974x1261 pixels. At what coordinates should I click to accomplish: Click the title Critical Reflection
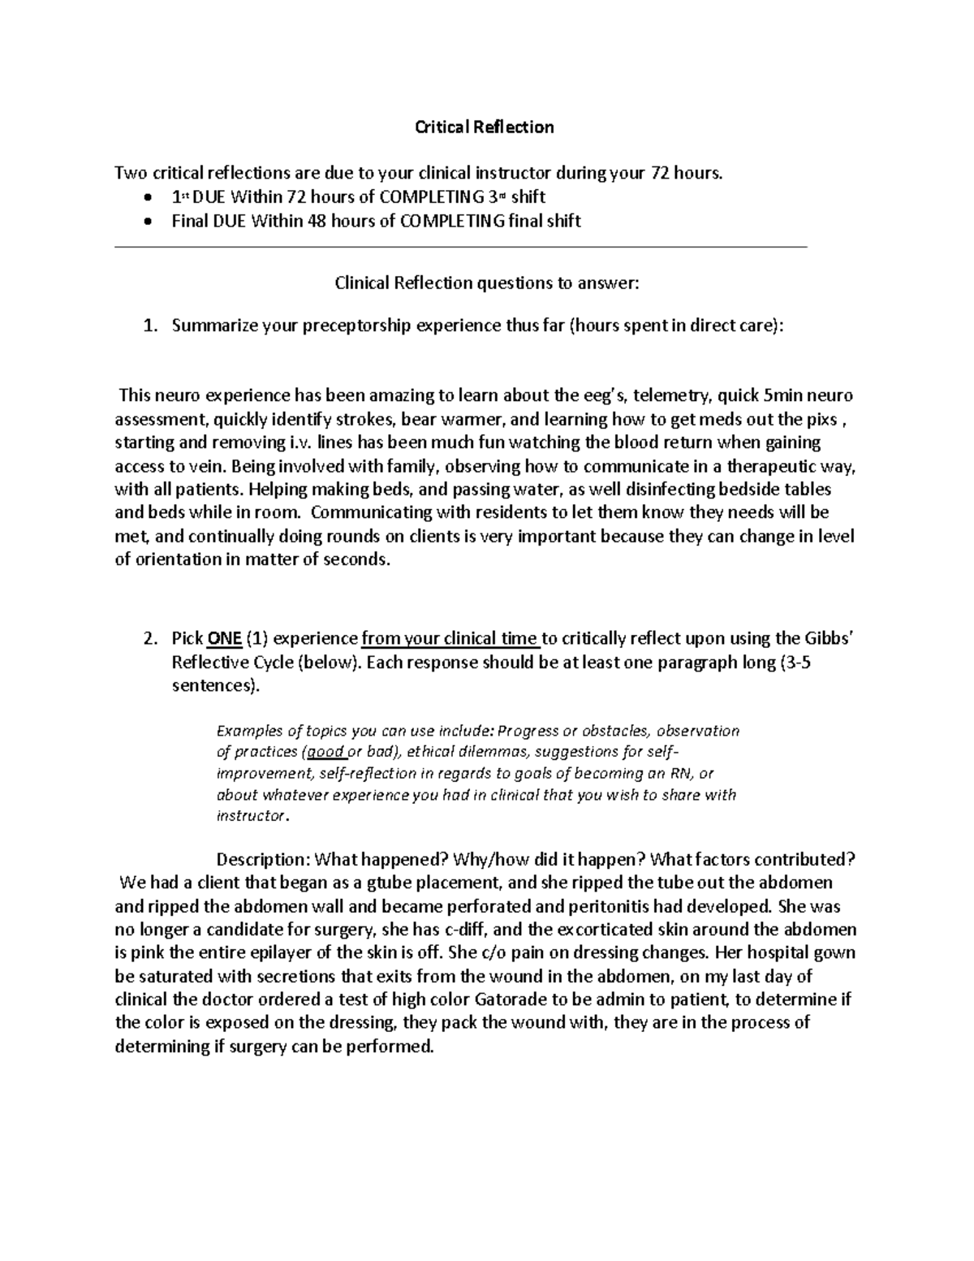[485, 127]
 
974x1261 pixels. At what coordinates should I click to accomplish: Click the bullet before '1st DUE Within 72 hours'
[146, 197]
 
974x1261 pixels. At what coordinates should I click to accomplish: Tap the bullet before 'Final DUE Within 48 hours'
[146, 221]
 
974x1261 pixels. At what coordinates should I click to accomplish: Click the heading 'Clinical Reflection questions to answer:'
[487, 283]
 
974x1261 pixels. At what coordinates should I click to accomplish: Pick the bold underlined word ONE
[224, 638]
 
